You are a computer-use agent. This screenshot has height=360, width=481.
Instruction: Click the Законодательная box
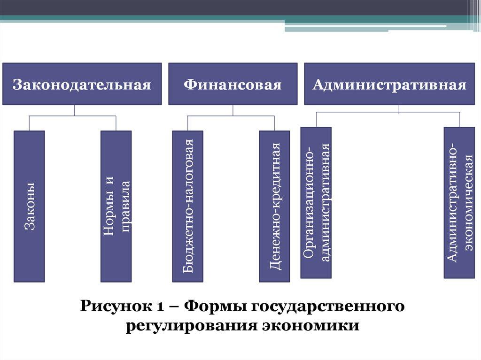(x=82, y=84)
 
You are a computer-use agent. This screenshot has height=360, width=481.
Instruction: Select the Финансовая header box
(x=233, y=84)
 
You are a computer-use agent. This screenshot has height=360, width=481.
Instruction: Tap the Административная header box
(x=389, y=84)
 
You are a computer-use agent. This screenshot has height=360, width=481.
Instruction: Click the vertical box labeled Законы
(x=29, y=206)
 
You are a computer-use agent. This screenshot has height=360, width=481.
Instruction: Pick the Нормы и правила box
(x=116, y=206)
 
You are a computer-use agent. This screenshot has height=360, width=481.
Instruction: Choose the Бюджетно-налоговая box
(x=187, y=206)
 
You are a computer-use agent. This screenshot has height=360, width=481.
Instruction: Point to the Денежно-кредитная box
(x=274, y=206)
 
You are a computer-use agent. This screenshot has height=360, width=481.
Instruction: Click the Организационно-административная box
(x=316, y=202)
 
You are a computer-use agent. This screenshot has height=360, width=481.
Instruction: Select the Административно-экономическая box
(x=459, y=202)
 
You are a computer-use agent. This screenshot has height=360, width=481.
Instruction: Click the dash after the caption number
(x=173, y=307)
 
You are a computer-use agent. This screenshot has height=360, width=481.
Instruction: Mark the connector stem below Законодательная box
(x=75, y=110)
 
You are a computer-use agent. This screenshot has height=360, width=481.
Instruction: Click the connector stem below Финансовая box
(x=233, y=110)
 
